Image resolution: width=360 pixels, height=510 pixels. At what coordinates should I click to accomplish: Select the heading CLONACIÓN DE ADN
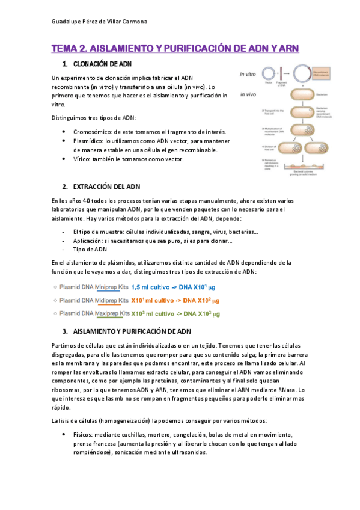click(102, 64)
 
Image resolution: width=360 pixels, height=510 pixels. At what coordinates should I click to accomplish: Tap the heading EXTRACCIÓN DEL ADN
click(105, 187)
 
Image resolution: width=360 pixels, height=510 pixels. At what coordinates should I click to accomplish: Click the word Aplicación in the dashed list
click(88, 240)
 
